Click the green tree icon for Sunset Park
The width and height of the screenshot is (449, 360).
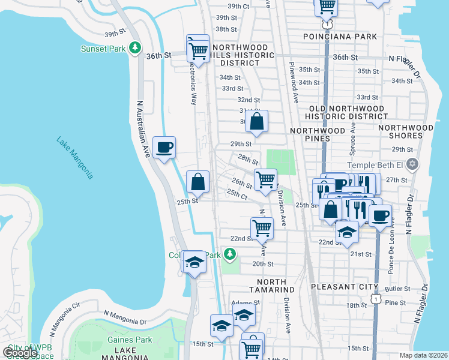[136, 47]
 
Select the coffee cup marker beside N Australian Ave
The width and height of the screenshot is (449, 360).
[164, 148]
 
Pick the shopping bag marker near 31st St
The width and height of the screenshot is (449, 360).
[256, 122]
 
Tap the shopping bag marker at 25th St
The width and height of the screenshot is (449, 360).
[198, 182]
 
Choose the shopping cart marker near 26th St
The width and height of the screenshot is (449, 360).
[265, 179]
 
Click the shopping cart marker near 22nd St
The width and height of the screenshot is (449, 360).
[262, 229]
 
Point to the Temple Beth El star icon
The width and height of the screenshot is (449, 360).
[412, 164]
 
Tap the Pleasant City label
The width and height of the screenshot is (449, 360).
[345, 287]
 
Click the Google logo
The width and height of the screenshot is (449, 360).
[20, 353]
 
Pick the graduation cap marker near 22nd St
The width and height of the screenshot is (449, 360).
[347, 232]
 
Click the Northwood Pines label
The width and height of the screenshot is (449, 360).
[318, 134]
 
